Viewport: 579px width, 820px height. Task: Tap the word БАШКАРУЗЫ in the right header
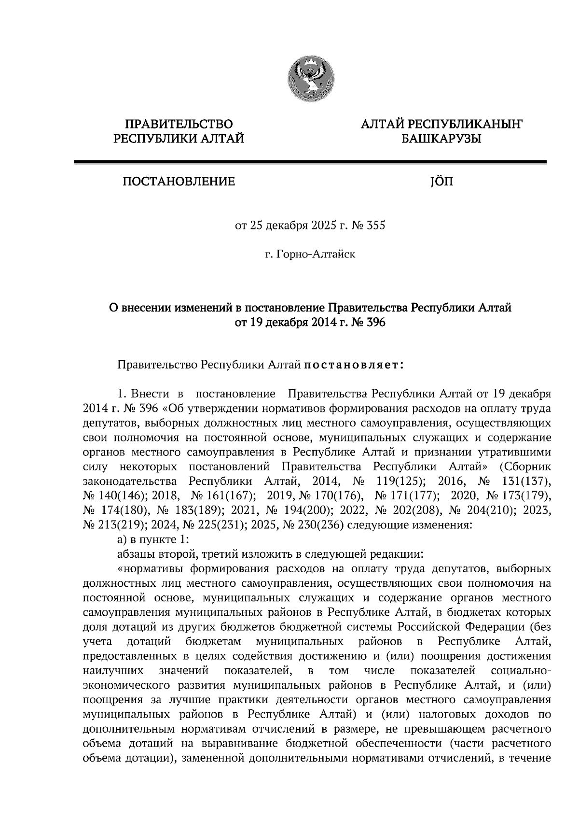441,140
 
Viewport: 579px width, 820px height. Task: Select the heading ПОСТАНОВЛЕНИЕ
179,182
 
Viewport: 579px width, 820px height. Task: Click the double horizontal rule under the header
310,163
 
